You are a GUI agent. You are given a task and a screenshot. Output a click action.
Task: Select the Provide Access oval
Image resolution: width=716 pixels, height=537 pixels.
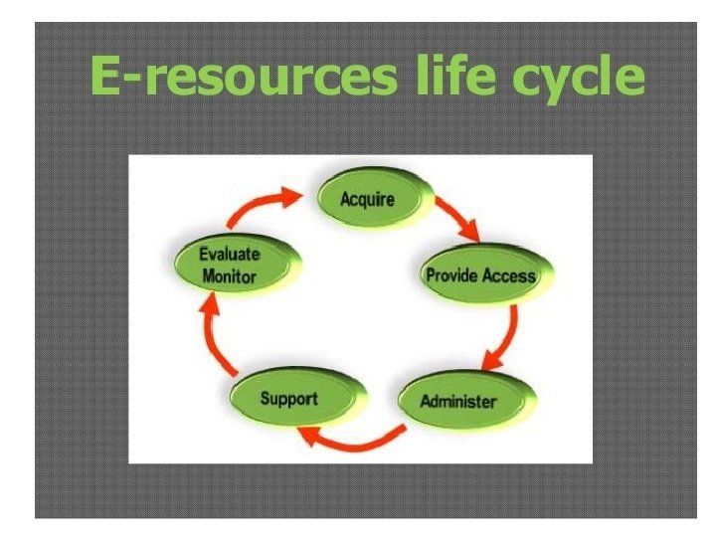click(480, 275)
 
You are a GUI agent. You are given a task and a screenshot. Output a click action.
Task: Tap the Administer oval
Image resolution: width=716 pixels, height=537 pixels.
click(458, 401)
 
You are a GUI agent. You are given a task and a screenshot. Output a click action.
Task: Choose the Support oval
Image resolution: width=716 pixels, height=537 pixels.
click(287, 399)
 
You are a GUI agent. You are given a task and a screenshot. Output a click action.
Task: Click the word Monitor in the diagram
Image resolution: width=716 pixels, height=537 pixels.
click(229, 276)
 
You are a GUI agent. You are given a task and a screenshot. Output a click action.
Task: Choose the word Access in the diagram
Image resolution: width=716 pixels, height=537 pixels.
click(509, 275)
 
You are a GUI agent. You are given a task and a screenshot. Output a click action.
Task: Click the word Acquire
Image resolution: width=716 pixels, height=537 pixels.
click(367, 199)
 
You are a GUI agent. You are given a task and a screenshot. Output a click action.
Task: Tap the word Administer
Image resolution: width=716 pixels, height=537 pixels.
click(457, 401)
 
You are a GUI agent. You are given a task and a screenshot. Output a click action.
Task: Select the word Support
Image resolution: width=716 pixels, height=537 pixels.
click(288, 398)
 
